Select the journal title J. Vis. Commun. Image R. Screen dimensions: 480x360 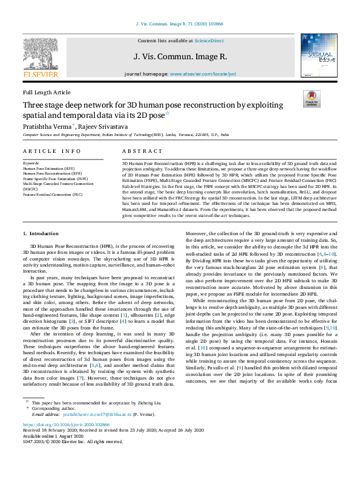click(180, 56)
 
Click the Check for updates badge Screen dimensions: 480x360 click(311, 99)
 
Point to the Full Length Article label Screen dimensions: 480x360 click(46, 92)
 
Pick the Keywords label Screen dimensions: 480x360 click(31, 163)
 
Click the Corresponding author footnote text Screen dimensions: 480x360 click(55, 426)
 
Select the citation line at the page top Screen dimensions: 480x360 click(180, 25)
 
